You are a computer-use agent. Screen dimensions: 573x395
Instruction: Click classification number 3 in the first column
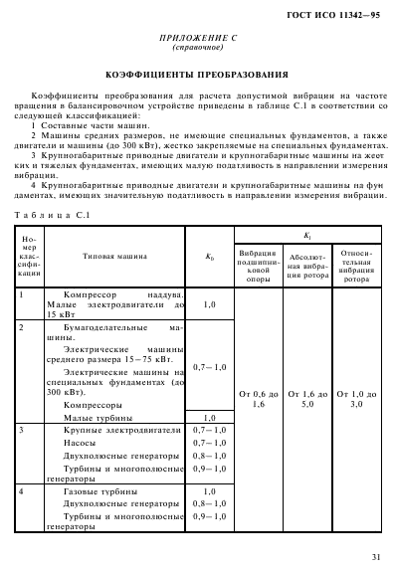click(x=23, y=428)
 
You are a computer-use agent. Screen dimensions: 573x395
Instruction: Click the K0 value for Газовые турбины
click(x=210, y=492)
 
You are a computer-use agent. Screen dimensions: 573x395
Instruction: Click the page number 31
click(x=374, y=557)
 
